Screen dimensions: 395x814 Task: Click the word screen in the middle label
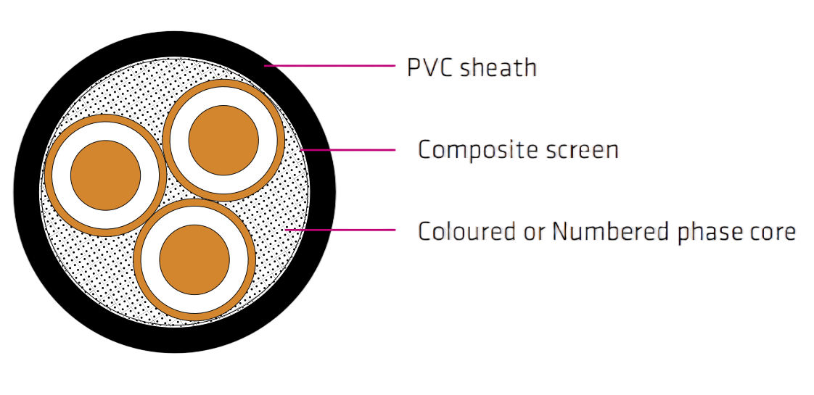tap(581, 151)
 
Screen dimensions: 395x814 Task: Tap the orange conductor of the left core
tap(106, 175)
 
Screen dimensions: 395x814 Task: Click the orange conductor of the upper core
tap(223, 141)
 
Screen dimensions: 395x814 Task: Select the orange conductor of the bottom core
tap(194, 259)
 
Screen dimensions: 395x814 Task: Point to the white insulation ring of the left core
tap(61, 175)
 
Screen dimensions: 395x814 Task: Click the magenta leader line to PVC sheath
tap(330, 66)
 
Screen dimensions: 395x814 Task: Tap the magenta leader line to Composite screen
tap(348, 151)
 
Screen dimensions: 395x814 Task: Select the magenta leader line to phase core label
tap(341, 230)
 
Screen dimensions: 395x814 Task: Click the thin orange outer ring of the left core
tap(49, 175)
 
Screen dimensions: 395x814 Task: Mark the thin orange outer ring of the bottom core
tap(138, 259)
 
